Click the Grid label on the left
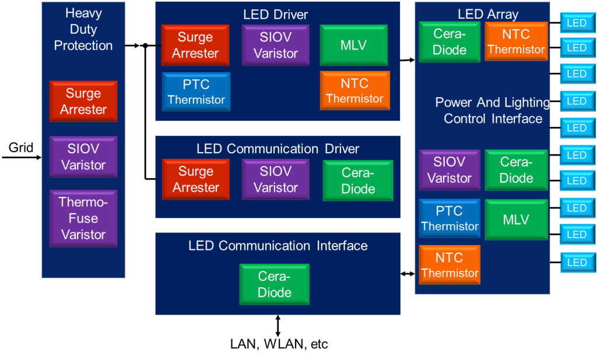pyautogui.click(x=21, y=147)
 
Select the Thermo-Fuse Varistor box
pyautogui.click(x=83, y=218)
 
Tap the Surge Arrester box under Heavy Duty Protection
pyautogui.click(x=83, y=101)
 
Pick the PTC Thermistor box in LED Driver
pyautogui.click(x=196, y=92)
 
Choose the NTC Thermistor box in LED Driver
pyautogui.click(x=354, y=91)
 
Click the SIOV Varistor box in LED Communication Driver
pyautogui.click(x=276, y=179)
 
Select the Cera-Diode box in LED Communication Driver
pyautogui.click(x=358, y=181)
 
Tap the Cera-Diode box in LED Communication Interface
pyautogui.click(x=275, y=284)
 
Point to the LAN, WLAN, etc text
pyautogui.click(x=279, y=344)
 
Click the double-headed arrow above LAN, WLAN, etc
pyautogui.click(x=278, y=325)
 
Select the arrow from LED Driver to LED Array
pyautogui.click(x=408, y=59)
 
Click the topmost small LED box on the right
pyautogui.click(x=577, y=24)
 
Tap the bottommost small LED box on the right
pyautogui.click(x=577, y=263)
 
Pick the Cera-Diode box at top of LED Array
pyautogui.click(x=449, y=42)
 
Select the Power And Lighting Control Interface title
pyautogui.click(x=493, y=111)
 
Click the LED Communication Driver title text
pyautogui.click(x=278, y=149)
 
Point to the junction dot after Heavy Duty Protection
pyautogui.click(x=145, y=45)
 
